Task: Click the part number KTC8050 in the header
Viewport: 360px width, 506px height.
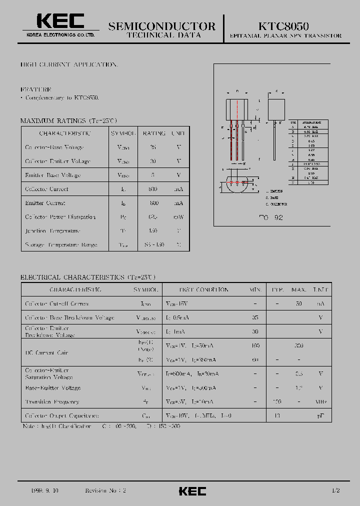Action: (283, 25)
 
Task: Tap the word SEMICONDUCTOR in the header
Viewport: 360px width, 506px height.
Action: (162, 26)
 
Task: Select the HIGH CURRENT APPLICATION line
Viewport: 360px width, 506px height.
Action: (69, 65)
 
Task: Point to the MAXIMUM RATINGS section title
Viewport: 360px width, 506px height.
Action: (68, 121)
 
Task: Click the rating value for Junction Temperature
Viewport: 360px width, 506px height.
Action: (153, 231)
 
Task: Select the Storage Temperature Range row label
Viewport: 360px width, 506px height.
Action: (61, 245)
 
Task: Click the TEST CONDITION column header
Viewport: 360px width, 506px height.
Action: (196, 290)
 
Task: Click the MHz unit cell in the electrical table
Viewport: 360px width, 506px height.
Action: (320, 402)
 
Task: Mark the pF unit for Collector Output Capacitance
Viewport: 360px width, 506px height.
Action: (320, 416)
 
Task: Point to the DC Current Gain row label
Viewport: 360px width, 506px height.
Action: (46, 353)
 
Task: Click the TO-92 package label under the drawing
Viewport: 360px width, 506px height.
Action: (271, 218)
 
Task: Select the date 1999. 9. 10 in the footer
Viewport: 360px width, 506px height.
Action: (45, 491)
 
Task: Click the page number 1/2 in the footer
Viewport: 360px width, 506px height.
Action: (335, 491)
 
